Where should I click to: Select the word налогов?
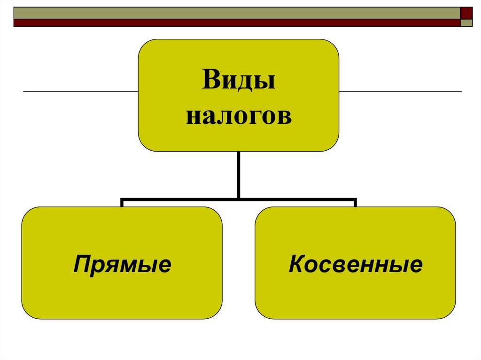239,116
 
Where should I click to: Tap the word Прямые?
122,264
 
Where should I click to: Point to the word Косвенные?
356,265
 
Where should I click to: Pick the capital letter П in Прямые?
81,264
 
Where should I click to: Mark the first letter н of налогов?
192,117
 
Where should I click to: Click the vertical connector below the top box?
239,174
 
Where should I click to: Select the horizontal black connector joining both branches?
239,199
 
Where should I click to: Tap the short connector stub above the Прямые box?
122,203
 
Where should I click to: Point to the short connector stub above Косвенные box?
355,203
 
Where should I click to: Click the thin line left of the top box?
80,91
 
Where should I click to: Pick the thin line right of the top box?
399,91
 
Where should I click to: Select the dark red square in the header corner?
466,13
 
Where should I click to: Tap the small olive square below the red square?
466,23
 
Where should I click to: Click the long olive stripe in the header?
235,13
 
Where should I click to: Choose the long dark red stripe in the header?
235,23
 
